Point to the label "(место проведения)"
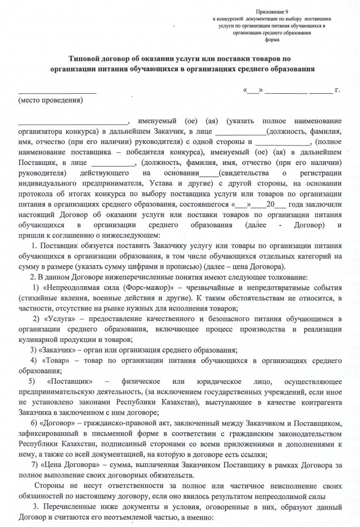click(x=51, y=100)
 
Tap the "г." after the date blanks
click(x=337, y=90)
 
